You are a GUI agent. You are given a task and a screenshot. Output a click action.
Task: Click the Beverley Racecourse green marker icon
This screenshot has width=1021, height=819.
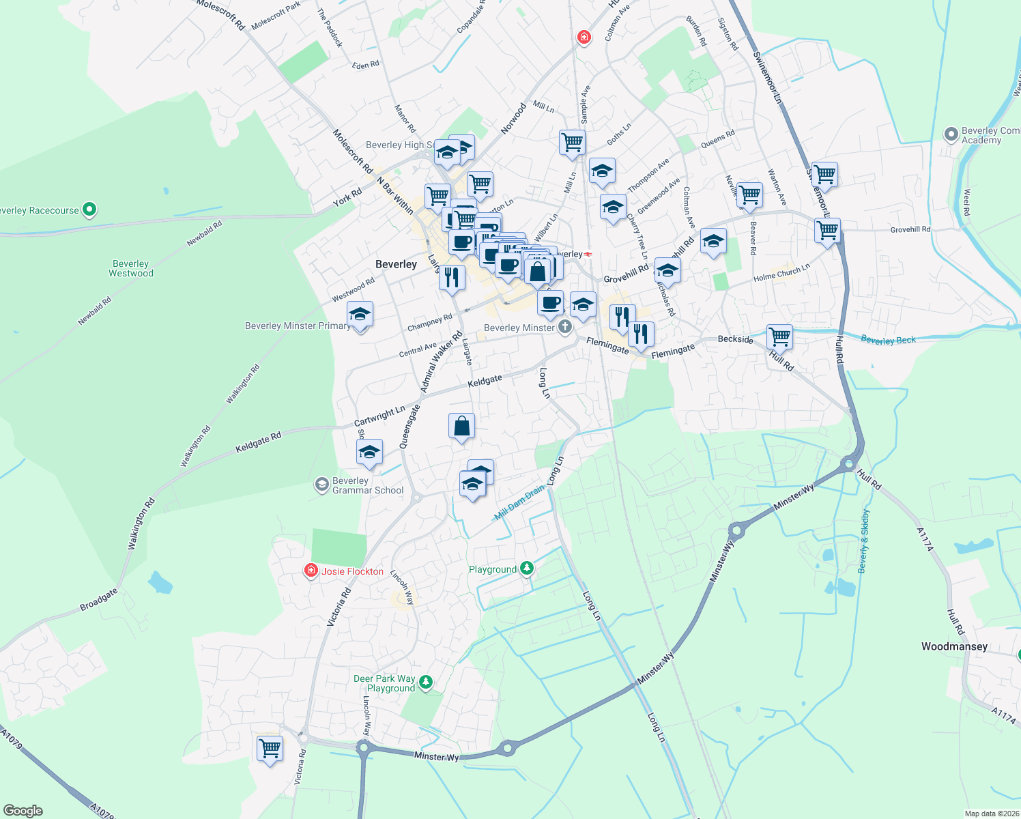pyautogui.click(x=89, y=210)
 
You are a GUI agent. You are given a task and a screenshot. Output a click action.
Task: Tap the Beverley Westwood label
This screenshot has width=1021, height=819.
pyautogui.click(x=131, y=268)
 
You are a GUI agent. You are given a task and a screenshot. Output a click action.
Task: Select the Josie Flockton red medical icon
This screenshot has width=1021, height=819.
pyautogui.click(x=311, y=571)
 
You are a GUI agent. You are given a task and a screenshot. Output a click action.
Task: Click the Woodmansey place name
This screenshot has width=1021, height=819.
pyautogui.click(x=954, y=646)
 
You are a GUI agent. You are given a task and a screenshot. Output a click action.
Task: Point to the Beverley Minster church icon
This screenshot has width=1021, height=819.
pyautogui.click(x=565, y=328)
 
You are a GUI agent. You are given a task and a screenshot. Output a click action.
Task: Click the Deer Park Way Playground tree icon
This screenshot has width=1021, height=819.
pyautogui.click(x=426, y=682)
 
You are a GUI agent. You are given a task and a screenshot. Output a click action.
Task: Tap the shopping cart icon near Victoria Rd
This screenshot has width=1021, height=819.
pyautogui.click(x=270, y=748)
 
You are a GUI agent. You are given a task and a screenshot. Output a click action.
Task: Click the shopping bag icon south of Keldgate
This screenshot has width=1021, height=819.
pyautogui.click(x=461, y=426)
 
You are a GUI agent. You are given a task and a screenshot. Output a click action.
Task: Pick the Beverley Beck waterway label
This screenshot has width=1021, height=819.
pyautogui.click(x=888, y=339)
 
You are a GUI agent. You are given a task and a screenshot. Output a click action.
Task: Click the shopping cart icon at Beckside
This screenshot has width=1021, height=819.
pyautogui.click(x=779, y=336)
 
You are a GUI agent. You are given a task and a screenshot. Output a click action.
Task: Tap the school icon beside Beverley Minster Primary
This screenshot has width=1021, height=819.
pyautogui.click(x=360, y=315)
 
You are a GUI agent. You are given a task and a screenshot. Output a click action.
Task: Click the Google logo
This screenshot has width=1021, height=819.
pyautogui.click(x=23, y=811)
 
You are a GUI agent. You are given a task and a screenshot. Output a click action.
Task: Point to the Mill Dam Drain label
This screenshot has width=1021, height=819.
pyautogui.click(x=519, y=503)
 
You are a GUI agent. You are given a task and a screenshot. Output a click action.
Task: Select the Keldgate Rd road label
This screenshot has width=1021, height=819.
pyautogui.click(x=258, y=443)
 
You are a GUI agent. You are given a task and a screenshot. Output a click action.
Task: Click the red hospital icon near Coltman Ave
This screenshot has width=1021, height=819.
pyautogui.click(x=584, y=37)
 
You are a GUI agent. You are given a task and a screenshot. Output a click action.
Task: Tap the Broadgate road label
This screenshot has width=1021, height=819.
pyautogui.click(x=99, y=600)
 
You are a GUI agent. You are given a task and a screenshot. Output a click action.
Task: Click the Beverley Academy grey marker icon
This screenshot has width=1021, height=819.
pyautogui.click(x=951, y=134)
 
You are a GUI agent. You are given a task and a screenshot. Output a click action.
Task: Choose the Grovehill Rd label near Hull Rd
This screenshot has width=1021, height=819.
pyautogui.click(x=910, y=229)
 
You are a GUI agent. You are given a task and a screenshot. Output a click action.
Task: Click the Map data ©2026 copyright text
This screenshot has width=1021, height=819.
pyautogui.click(x=991, y=814)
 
